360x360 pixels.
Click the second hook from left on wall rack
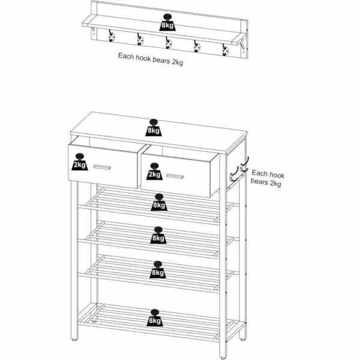click(139, 40)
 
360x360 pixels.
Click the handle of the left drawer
click(101, 166)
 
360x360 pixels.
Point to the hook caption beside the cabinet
click(268, 178)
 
